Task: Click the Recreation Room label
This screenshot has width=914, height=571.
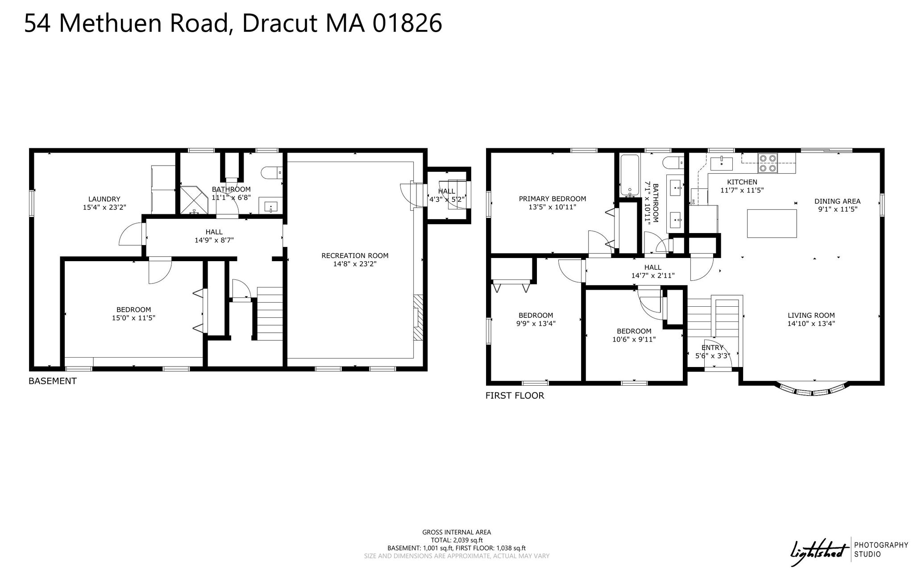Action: pos(355,256)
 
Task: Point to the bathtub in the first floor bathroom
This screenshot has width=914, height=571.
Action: pos(629,175)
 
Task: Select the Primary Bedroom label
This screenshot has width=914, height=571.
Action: pos(552,199)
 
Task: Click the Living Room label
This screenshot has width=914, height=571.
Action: pos(811,315)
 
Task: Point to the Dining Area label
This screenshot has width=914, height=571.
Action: pos(837,201)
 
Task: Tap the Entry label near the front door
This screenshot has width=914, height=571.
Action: pos(712,348)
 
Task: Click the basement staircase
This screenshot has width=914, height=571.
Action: pos(270,314)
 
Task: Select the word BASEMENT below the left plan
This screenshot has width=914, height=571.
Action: pos(53,381)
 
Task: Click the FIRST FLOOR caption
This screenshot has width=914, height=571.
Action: pos(515,396)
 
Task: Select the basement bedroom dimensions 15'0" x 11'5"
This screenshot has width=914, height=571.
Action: pos(133,318)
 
